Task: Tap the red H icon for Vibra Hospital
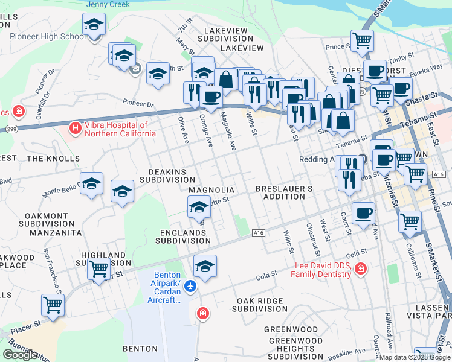pyautogui.click(x=75, y=128)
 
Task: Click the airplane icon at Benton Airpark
pyautogui.click(x=192, y=285)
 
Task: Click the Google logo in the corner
pyautogui.click(x=20, y=355)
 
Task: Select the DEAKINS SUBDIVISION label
pyautogui.click(x=163, y=176)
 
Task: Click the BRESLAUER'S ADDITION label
pyautogui.click(x=283, y=193)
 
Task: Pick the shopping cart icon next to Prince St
pyautogui.click(x=362, y=40)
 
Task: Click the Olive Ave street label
pyautogui.click(x=182, y=130)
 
